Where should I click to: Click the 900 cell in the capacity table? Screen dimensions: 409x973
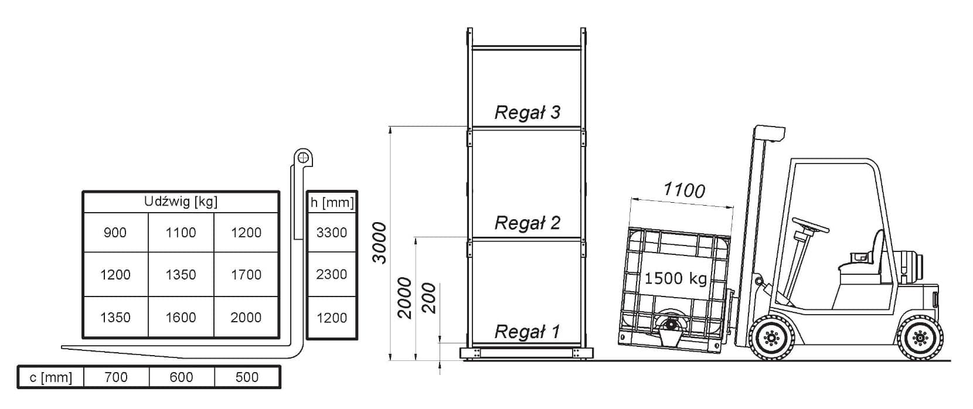click(115, 233)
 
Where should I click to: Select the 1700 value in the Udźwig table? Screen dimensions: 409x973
click(246, 274)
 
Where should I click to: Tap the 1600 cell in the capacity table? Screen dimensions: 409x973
click(181, 317)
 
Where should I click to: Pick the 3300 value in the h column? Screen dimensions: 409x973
click(332, 233)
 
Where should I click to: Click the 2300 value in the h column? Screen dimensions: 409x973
click(332, 274)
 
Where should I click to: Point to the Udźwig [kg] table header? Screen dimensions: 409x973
click(181, 202)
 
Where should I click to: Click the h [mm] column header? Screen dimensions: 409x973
click(332, 203)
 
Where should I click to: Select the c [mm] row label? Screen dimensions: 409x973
click(51, 377)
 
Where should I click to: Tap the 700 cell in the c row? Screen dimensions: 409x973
click(116, 377)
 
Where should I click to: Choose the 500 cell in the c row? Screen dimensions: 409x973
click(247, 377)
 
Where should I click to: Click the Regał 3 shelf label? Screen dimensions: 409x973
click(527, 113)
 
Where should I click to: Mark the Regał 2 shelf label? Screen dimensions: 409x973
click(527, 223)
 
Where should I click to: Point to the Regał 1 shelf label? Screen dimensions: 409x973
click(527, 332)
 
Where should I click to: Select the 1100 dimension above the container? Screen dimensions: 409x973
click(684, 190)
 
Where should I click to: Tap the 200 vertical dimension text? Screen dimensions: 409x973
click(429, 298)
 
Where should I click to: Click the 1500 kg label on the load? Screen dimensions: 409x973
click(675, 278)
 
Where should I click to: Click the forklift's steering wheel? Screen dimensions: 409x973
click(810, 224)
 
